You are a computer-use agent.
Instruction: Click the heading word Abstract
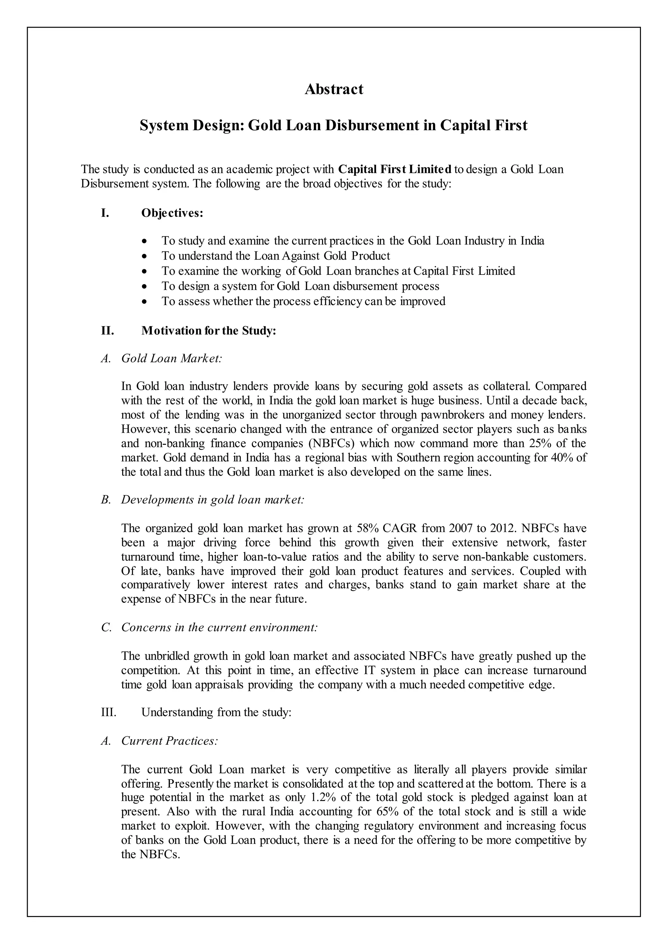point(333,89)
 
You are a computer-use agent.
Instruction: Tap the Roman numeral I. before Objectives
point(105,213)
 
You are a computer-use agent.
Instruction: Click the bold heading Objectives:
point(172,213)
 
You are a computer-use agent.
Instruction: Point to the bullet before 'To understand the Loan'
point(144,256)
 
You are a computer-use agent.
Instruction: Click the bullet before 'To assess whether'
point(144,302)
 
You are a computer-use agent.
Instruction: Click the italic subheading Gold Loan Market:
point(171,359)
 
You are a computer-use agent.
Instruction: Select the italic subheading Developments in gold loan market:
point(212,500)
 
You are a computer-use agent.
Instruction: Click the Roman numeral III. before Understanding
point(109,712)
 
